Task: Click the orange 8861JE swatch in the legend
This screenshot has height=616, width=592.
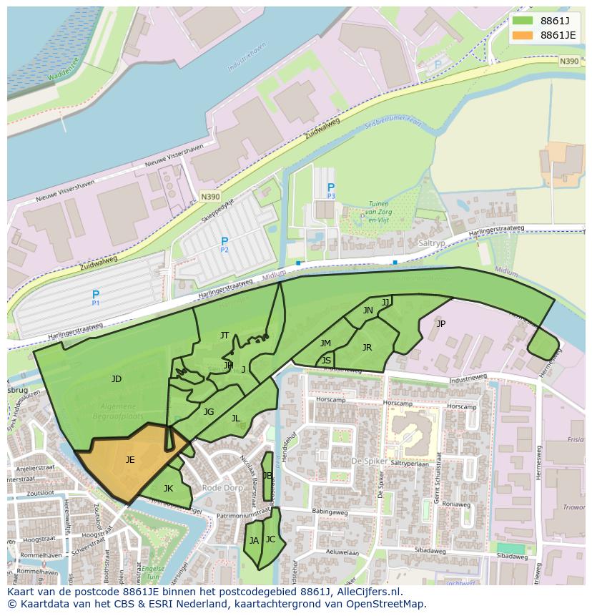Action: [x=523, y=35]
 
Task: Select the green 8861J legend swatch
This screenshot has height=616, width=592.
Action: [x=523, y=20]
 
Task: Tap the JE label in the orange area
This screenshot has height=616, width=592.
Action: [x=130, y=460]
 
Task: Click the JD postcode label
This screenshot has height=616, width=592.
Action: [x=117, y=379]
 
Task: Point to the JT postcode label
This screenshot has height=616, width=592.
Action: [x=225, y=335]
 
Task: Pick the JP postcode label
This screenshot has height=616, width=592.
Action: [x=440, y=323]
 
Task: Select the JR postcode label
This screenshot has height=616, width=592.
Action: [x=367, y=348]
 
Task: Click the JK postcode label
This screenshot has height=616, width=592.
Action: [x=168, y=489]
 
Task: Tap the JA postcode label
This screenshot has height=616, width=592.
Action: [x=254, y=541]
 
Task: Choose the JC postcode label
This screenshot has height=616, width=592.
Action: [x=270, y=539]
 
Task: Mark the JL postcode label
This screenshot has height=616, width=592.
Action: [x=235, y=419]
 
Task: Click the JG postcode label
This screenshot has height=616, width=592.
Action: [x=209, y=411]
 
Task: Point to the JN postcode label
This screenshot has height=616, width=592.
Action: [x=367, y=311]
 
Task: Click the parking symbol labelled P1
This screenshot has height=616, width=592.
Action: [x=96, y=295]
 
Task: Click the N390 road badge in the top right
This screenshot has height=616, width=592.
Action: [x=569, y=62]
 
